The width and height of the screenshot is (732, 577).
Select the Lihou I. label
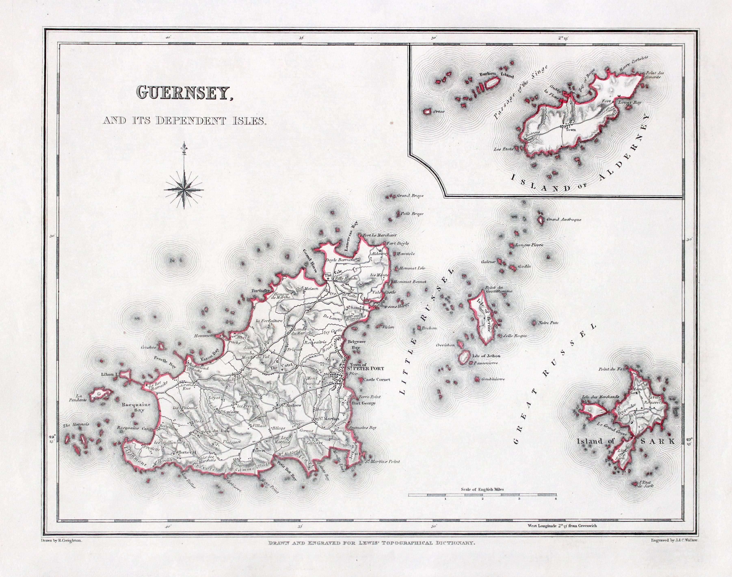click(109, 374)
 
